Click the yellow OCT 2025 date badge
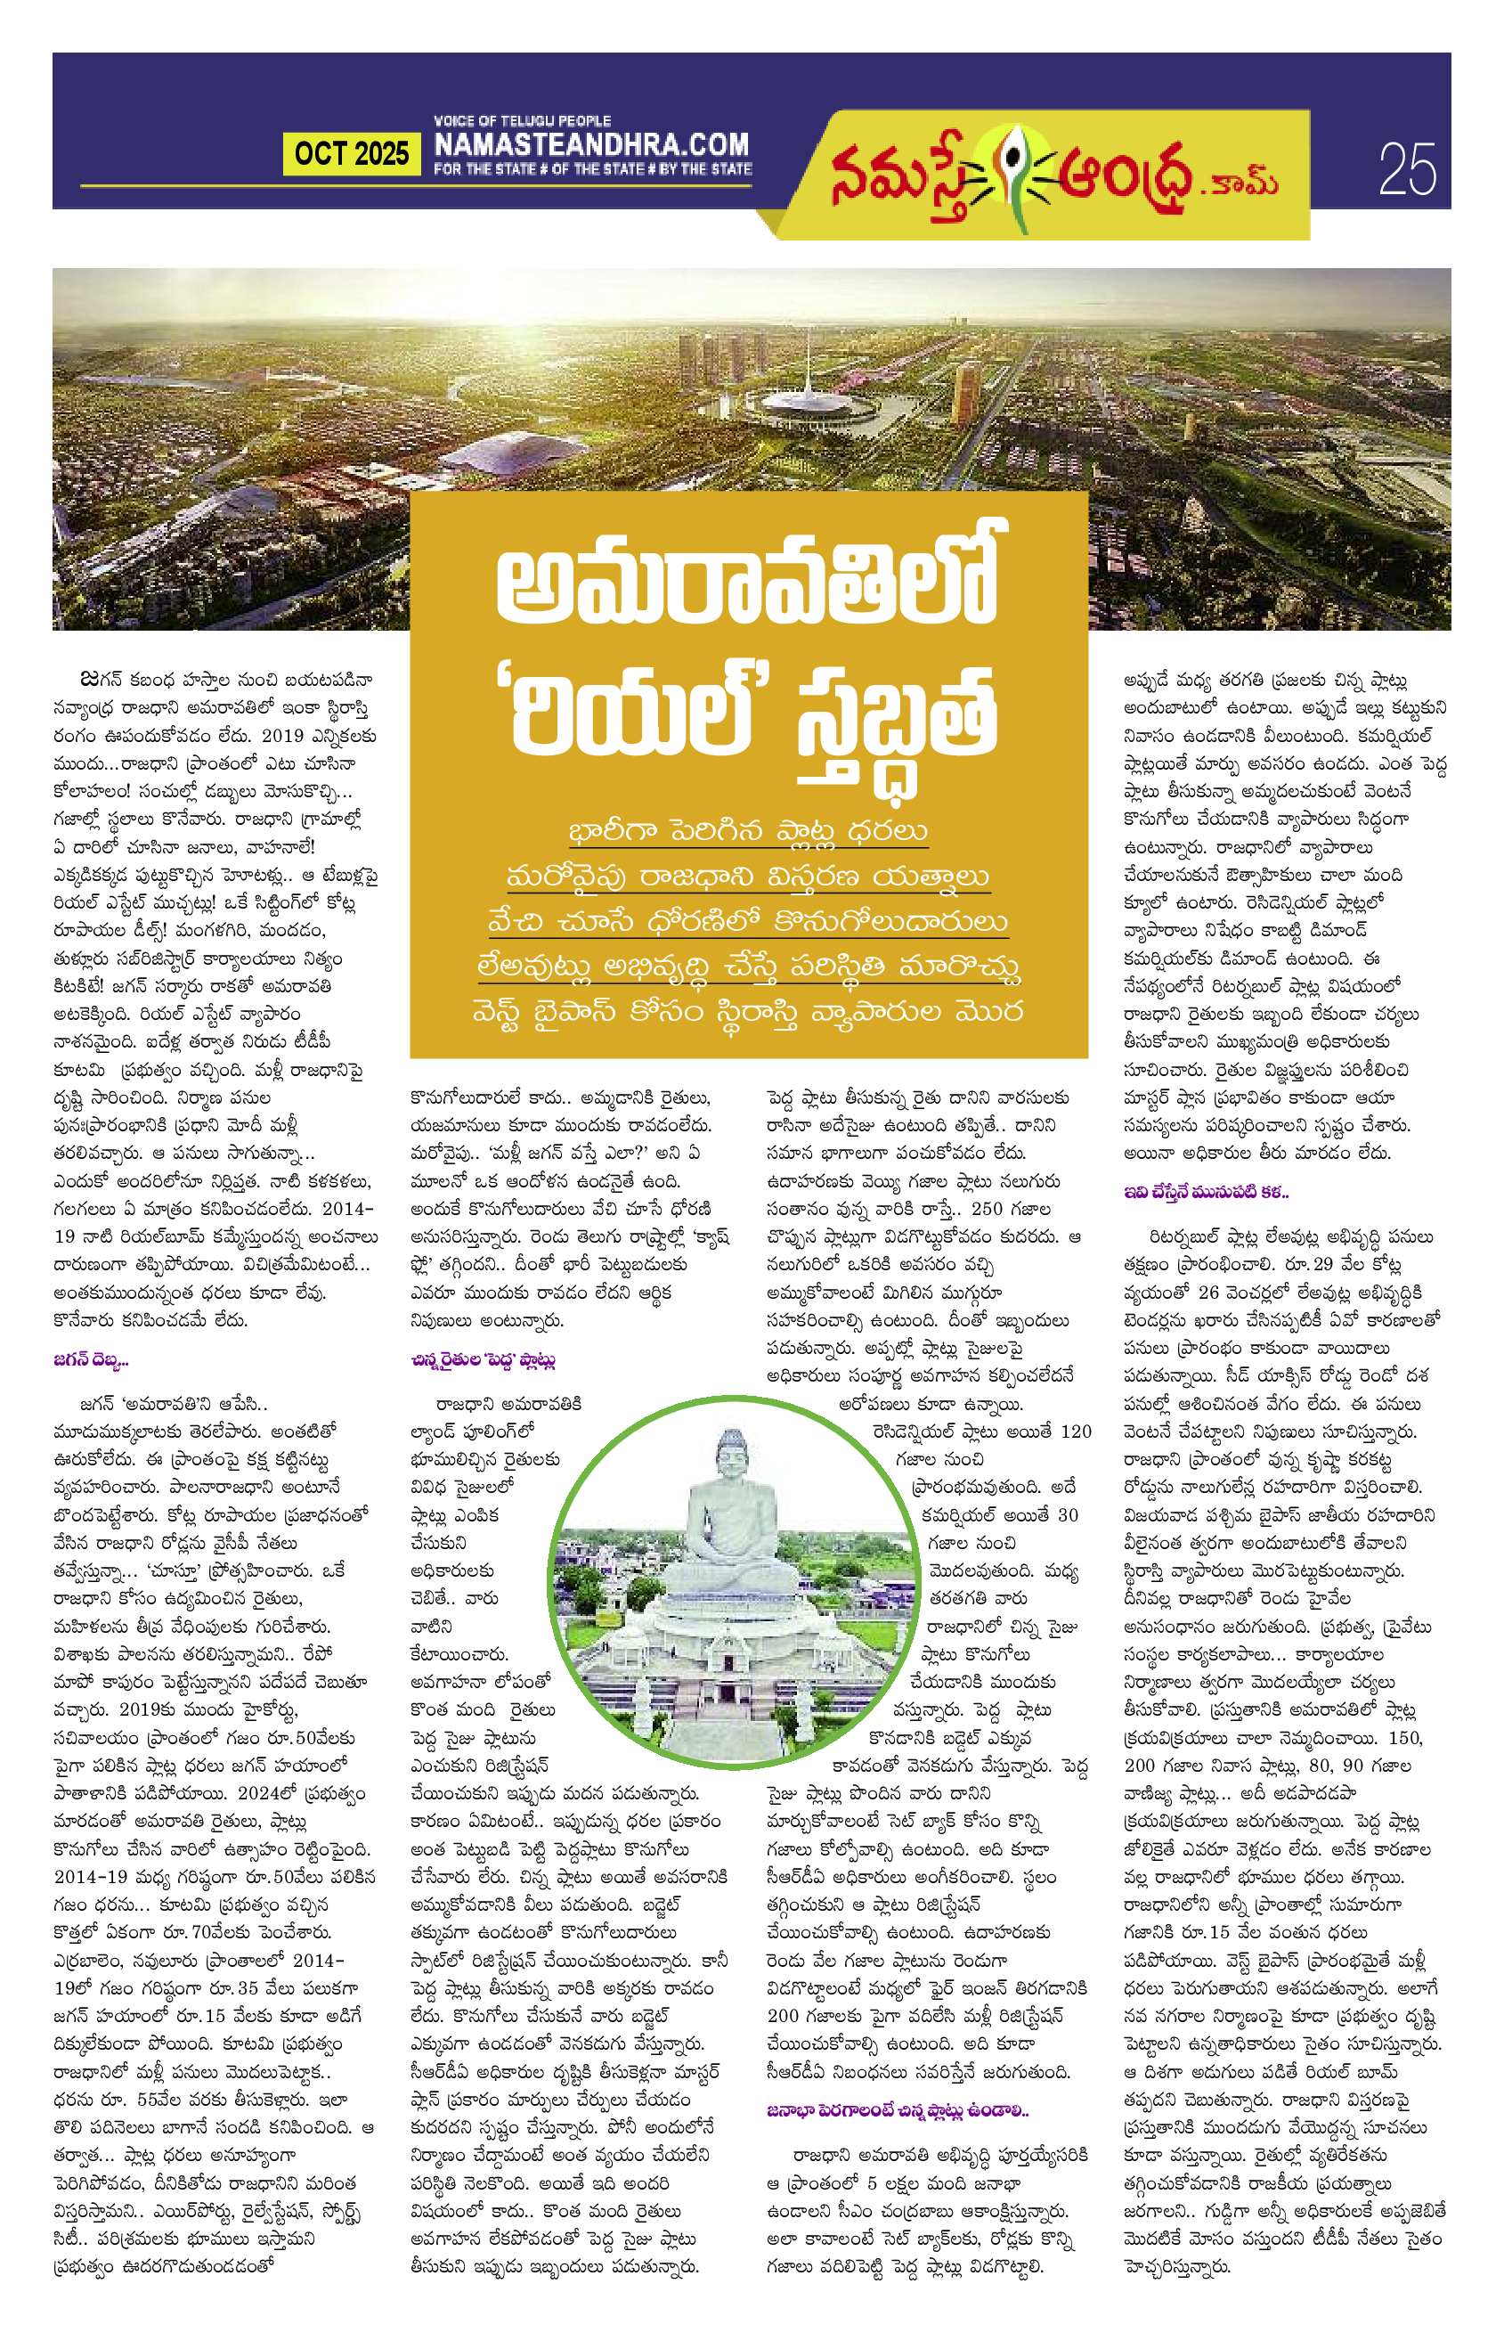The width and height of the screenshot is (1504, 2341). pos(352,154)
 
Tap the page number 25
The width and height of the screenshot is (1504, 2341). pos(1407,170)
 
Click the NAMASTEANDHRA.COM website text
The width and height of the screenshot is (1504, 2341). pos(592,145)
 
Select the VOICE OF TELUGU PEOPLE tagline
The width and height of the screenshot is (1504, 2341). pos(523,120)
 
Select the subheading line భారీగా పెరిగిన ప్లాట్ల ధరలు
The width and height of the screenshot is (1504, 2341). pos(748,831)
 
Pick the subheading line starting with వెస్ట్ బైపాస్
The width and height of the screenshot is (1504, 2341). pos(748,1011)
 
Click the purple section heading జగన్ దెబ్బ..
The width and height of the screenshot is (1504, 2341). pos(91,1360)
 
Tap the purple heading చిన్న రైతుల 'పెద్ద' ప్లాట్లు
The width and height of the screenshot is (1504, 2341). pos(484,1360)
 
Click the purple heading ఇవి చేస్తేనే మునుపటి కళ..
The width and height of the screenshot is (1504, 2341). pos(1205,1192)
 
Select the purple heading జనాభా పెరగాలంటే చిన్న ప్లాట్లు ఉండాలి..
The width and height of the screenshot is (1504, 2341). pos(898,2110)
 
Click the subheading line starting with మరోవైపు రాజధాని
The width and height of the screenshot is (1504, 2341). pos(748,877)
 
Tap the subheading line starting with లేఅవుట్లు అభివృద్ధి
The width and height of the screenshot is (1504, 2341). pos(748,967)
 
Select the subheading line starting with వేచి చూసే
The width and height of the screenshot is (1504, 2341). pos(748,921)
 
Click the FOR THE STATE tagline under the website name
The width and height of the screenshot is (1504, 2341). pos(592,169)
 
